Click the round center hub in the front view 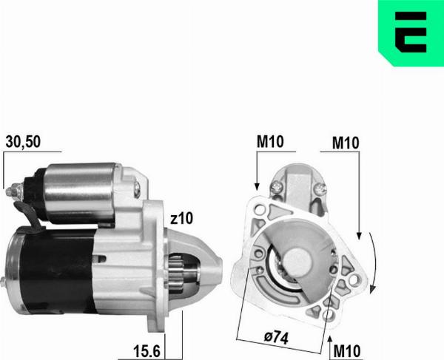coord(301,262)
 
